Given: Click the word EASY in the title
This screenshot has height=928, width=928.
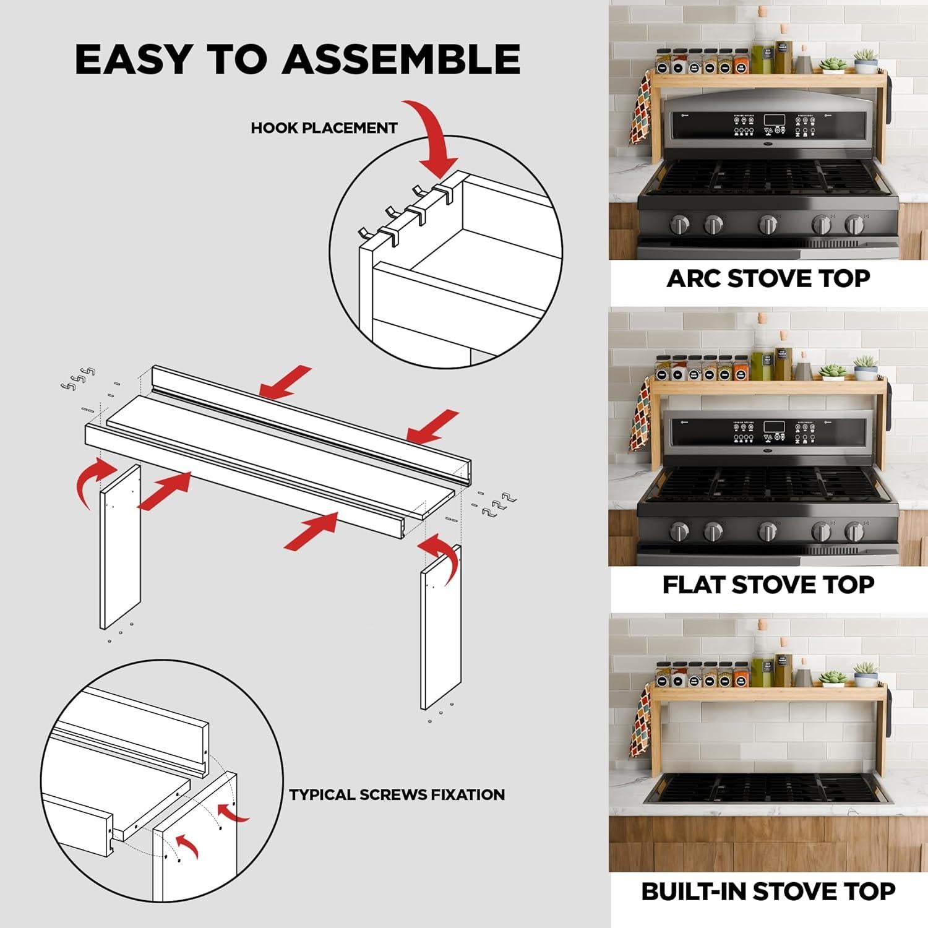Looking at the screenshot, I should [134, 60].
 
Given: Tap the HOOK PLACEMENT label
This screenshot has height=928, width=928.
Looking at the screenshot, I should [324, 128].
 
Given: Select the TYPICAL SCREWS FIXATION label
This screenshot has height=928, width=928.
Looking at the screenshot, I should [397, 794].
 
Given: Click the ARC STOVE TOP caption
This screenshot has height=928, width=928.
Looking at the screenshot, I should [768, 278].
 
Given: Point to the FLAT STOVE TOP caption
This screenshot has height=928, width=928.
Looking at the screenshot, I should [768, 585].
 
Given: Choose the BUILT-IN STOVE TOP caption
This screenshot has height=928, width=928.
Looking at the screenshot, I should [768, 891].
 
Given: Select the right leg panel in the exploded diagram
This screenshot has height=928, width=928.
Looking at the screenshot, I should [441, 628].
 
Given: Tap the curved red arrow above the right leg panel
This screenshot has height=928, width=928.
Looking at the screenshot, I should [440, 554].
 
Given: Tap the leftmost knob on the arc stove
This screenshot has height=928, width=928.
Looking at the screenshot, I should [680, 224].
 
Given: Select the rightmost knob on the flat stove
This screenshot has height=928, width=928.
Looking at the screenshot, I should [854, 531].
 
